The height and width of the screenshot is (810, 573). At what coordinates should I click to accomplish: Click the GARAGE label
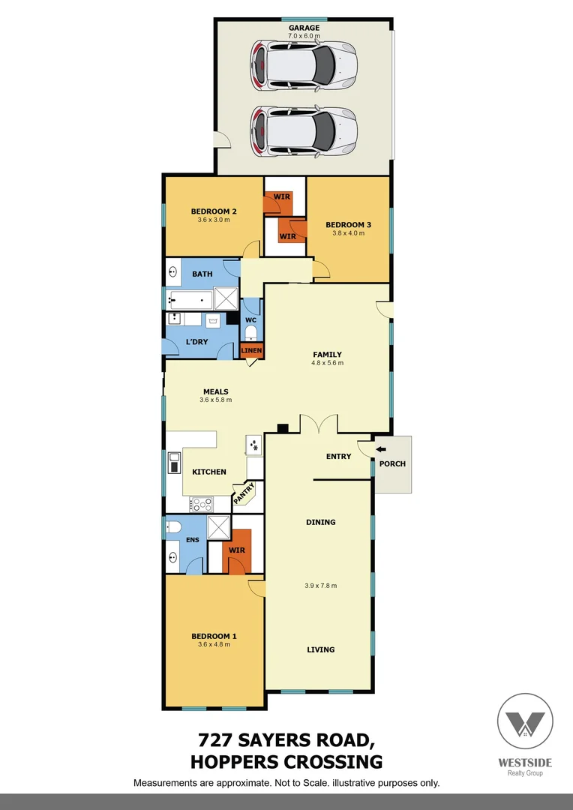[304, 28]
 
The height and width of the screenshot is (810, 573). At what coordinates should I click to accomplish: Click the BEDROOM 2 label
[214, 211]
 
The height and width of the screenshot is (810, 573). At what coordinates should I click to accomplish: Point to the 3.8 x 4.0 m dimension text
[348, 233]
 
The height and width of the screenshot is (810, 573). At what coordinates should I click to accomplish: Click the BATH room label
[202, 274]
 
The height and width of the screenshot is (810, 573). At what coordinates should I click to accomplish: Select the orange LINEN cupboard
[251, 350]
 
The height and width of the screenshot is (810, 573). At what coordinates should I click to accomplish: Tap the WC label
[251, 320]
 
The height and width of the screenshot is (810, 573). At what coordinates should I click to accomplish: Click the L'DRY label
[196, 342]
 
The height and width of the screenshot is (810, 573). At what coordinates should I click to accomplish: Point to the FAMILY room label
[327, 355]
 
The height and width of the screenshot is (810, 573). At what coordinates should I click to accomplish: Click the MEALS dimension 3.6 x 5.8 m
[215, 400]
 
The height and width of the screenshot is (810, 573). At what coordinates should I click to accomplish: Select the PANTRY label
[244, 493]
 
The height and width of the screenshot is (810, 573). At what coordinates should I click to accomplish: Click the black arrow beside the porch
[381, 449]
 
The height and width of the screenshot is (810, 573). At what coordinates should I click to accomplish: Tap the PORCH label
[392, 463]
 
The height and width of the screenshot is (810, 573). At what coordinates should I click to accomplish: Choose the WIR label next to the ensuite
[236, 550]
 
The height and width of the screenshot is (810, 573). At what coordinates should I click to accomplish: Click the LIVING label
[320, 649]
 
